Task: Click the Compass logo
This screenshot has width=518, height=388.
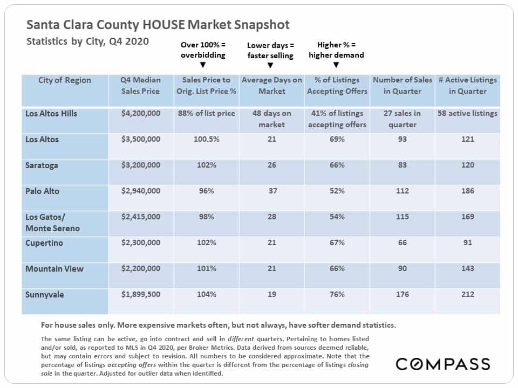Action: [442, 364]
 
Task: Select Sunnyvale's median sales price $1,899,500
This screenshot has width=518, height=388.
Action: [140, 294]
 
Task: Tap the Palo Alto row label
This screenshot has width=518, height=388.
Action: [42, 191]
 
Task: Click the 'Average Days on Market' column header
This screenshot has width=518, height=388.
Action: [271, 86]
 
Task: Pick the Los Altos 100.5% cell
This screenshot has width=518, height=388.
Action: [207, 139]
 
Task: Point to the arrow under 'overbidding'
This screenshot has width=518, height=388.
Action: [203, 65]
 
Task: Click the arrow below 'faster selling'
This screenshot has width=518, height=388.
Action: [270, 65]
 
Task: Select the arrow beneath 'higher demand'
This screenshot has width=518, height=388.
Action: [336, 65]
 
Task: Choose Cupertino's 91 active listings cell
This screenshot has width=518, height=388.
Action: [467, 242]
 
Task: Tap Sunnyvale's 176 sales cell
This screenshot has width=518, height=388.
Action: [403, 294]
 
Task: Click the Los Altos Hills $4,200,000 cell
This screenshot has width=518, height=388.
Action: [140, 114]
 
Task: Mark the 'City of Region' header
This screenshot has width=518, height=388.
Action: [64, 80]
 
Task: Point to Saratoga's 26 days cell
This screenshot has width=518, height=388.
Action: [272, 165]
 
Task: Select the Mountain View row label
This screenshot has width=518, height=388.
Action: [54, 269]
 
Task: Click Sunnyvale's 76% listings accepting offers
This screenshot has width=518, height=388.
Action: [337, 294]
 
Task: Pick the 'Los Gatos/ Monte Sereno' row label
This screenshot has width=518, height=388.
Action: [52, 223]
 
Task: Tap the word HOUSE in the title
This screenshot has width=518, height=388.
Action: [164, 25]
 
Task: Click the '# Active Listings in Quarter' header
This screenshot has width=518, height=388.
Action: [467, 86]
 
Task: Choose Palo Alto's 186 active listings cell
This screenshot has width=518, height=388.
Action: [467, 191]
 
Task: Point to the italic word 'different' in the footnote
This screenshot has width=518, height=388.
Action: [241, 339]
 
